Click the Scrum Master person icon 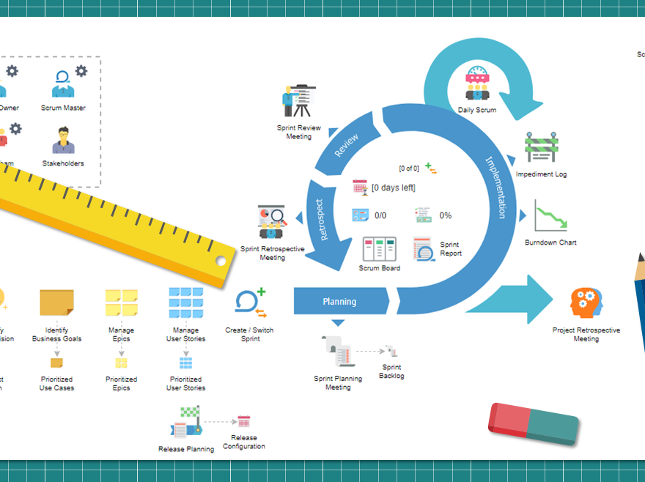(63, 84)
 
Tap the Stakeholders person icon (63, 141)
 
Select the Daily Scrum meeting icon (477, 84)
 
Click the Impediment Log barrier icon (541, 148)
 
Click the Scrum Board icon (379, 249)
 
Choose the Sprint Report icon (424, 249)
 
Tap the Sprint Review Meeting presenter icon (298, 101)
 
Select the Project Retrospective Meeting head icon (586, 303)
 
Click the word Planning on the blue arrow (339, 301)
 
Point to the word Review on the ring (347, 145)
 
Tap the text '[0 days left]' (393, 188)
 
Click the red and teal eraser (533, 420)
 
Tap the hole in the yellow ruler (220, 261)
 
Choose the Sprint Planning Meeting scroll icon (338, 352)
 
